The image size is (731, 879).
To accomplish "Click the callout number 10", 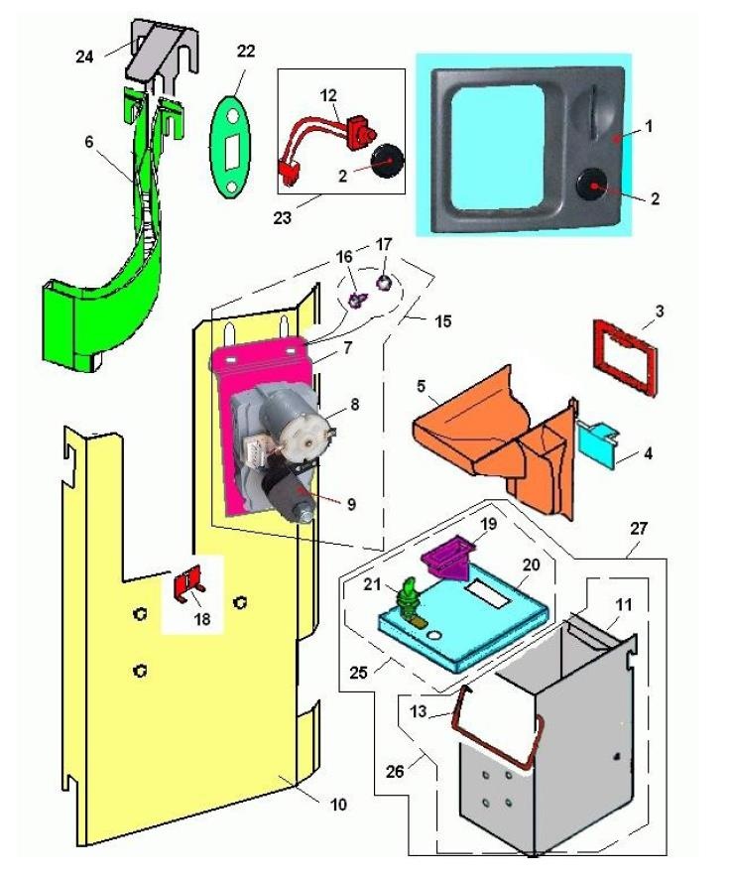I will click(337, 806).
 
